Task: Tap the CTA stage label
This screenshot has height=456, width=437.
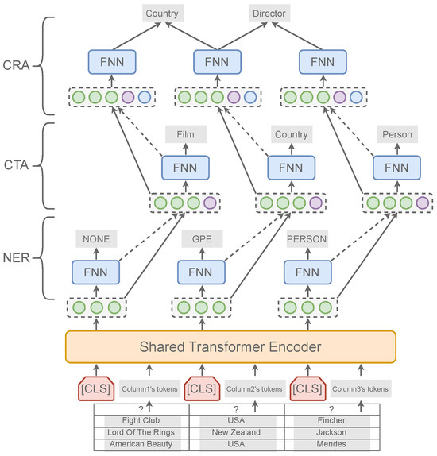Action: click(x=18, y=167)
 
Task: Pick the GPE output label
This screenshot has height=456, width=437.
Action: click(x=203, y=237)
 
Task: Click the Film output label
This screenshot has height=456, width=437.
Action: click(x=185, y=134)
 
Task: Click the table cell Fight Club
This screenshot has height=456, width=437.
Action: click(x=141, y=419)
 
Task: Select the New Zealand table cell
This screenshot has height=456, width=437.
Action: click(x=236, y=432)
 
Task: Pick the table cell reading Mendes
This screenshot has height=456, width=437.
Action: click(x=331, y=445)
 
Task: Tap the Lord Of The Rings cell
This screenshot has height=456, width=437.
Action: click(x=141, y=432)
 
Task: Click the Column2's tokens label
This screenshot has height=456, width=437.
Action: click(x=255, y=388)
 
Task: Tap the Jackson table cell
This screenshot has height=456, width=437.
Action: click(x=331, y=432)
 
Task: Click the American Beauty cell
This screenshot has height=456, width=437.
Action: click(x=141, y=445)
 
